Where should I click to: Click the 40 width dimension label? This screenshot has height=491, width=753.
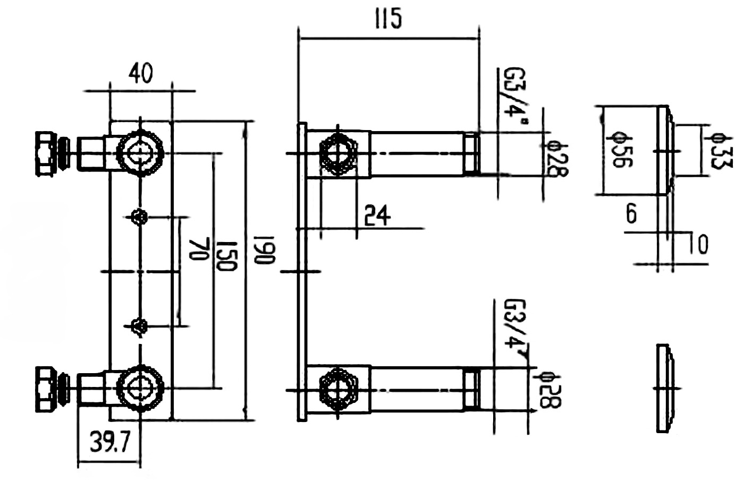pyautogui.click(x=140, y=73)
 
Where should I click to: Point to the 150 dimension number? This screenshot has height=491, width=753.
pyautogui.click(x=227, y=254)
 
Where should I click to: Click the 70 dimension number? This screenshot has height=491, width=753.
pyautogui.click(x=198, y=248)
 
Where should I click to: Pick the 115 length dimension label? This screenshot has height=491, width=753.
pyautogui.click(x=388, y=20)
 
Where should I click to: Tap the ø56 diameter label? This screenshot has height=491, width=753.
pyautogui.click(x=620, y=150)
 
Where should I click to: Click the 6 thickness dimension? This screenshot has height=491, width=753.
pyautogui.click(x=631, y=214)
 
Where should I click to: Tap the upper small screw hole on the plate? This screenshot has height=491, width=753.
pyautogui.click(x=139, y=217)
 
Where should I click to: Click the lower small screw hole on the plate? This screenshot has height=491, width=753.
pyautogui.click(x=139, y=325)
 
